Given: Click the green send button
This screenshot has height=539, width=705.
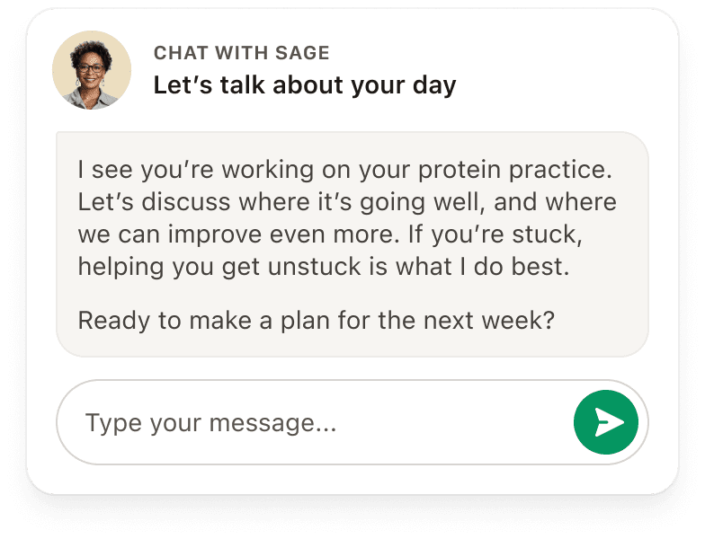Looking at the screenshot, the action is [606, 422].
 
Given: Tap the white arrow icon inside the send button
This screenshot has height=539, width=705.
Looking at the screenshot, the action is [610, 422].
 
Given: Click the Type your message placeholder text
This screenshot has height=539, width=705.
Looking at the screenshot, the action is [210, 424].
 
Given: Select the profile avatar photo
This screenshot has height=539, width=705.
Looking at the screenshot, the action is [92, 70].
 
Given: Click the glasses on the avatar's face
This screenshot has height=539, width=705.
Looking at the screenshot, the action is [90, 68].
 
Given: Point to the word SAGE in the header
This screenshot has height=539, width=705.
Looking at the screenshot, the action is [302, 53].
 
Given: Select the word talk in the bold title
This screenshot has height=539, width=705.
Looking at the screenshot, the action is [242, 84].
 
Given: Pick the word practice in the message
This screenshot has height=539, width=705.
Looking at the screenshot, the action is [560, 171].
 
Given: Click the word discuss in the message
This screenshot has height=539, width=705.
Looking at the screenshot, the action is [186, 201].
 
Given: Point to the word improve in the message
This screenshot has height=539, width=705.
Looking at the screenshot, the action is [215, 235].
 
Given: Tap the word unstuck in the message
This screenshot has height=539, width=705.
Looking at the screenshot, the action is [315, 266].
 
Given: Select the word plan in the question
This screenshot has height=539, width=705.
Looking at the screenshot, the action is [306, 322].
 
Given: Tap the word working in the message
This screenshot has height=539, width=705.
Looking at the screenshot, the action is [268, 171].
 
